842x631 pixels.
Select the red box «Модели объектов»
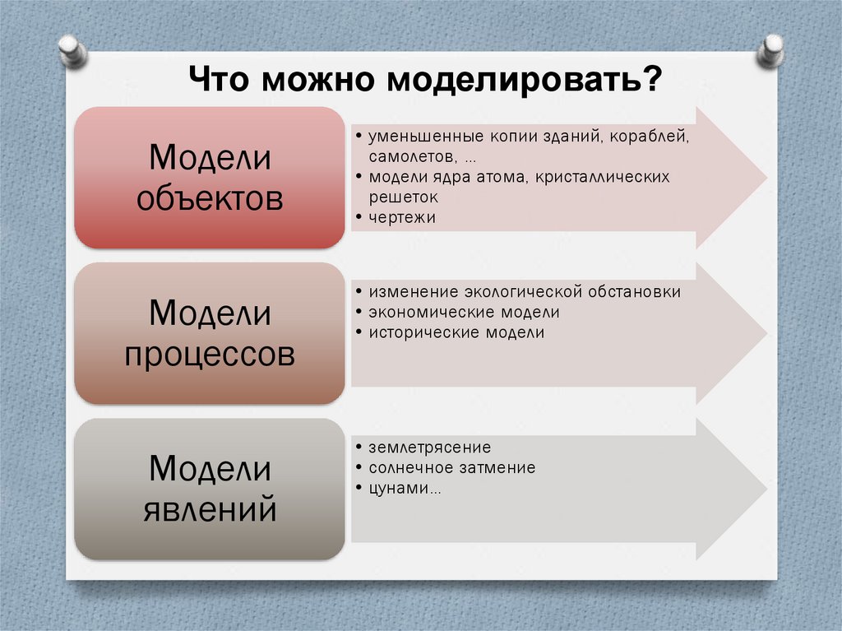tap(210, 177)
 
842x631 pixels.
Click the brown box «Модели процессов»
tap(210, 333)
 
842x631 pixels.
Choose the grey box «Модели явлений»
tap(210, 489)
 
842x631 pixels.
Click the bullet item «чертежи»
tap(402, 218)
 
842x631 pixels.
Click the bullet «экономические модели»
tap(464, 313)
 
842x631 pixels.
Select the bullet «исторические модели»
tap(456, 333)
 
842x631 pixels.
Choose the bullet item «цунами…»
tap(404, 489)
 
